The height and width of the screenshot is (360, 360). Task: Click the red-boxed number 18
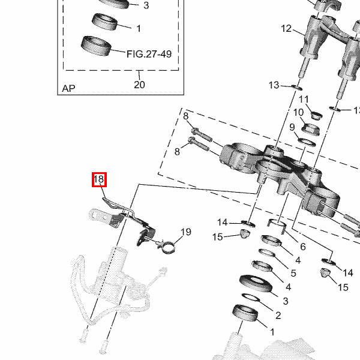pos(99,179)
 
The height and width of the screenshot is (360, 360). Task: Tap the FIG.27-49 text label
pos(149,54)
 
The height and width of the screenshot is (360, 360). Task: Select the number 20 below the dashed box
pos(139,85)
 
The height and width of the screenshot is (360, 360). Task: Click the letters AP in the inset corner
pos(69,89)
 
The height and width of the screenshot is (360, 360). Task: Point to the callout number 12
pos(286,28)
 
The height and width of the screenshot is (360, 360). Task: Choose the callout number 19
pos(185,232)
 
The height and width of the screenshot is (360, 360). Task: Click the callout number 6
pos(303,247)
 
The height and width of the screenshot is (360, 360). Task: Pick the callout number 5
pos(293,273)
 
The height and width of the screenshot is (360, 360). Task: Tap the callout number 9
pos(292,127)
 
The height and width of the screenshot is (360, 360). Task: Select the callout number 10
pos(298,112)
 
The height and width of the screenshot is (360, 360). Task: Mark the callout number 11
pos(304,99)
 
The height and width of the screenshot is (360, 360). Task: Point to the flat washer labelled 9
pos(308,142)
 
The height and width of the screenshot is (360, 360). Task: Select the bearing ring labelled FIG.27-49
pos(96,46)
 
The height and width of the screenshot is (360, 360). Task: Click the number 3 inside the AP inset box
pos(146,6)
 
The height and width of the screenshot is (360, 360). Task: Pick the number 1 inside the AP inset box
pos(139,28)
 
